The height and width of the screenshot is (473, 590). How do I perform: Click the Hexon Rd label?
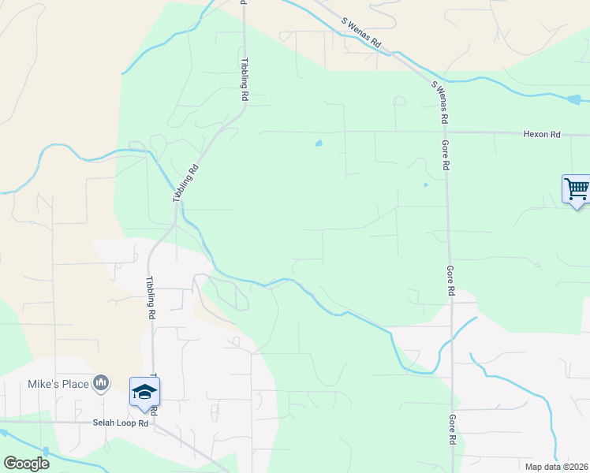click(x=541, y=135)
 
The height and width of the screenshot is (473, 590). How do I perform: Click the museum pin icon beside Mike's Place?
click(x=101, y=384)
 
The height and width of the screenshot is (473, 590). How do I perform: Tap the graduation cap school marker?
click(x=145, y=393)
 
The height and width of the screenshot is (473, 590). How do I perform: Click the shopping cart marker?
click(x=577, y=189)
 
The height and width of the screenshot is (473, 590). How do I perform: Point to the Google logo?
click(x=26, y=464)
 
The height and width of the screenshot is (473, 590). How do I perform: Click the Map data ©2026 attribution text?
click(x=557, y=466)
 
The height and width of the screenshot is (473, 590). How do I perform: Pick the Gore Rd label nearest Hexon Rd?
click(x=446, y=155)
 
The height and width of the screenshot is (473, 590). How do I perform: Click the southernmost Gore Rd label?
click(x=452, y=431)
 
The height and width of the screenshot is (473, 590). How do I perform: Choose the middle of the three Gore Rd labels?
click(x=450, y=281)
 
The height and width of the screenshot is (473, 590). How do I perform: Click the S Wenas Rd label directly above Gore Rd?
click(x=439, y=101)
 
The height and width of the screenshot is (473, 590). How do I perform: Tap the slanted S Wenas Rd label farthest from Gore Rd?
click(x=361, y=35)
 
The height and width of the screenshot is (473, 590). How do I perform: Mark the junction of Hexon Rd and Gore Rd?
click(x=446, y=132)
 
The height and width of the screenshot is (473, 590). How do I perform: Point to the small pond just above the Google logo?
click(x=45, y=452)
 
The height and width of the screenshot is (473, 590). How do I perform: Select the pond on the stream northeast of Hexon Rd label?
click(x=573, y=99)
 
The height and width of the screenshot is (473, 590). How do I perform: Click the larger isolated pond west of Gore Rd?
click(x=319, y=143)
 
